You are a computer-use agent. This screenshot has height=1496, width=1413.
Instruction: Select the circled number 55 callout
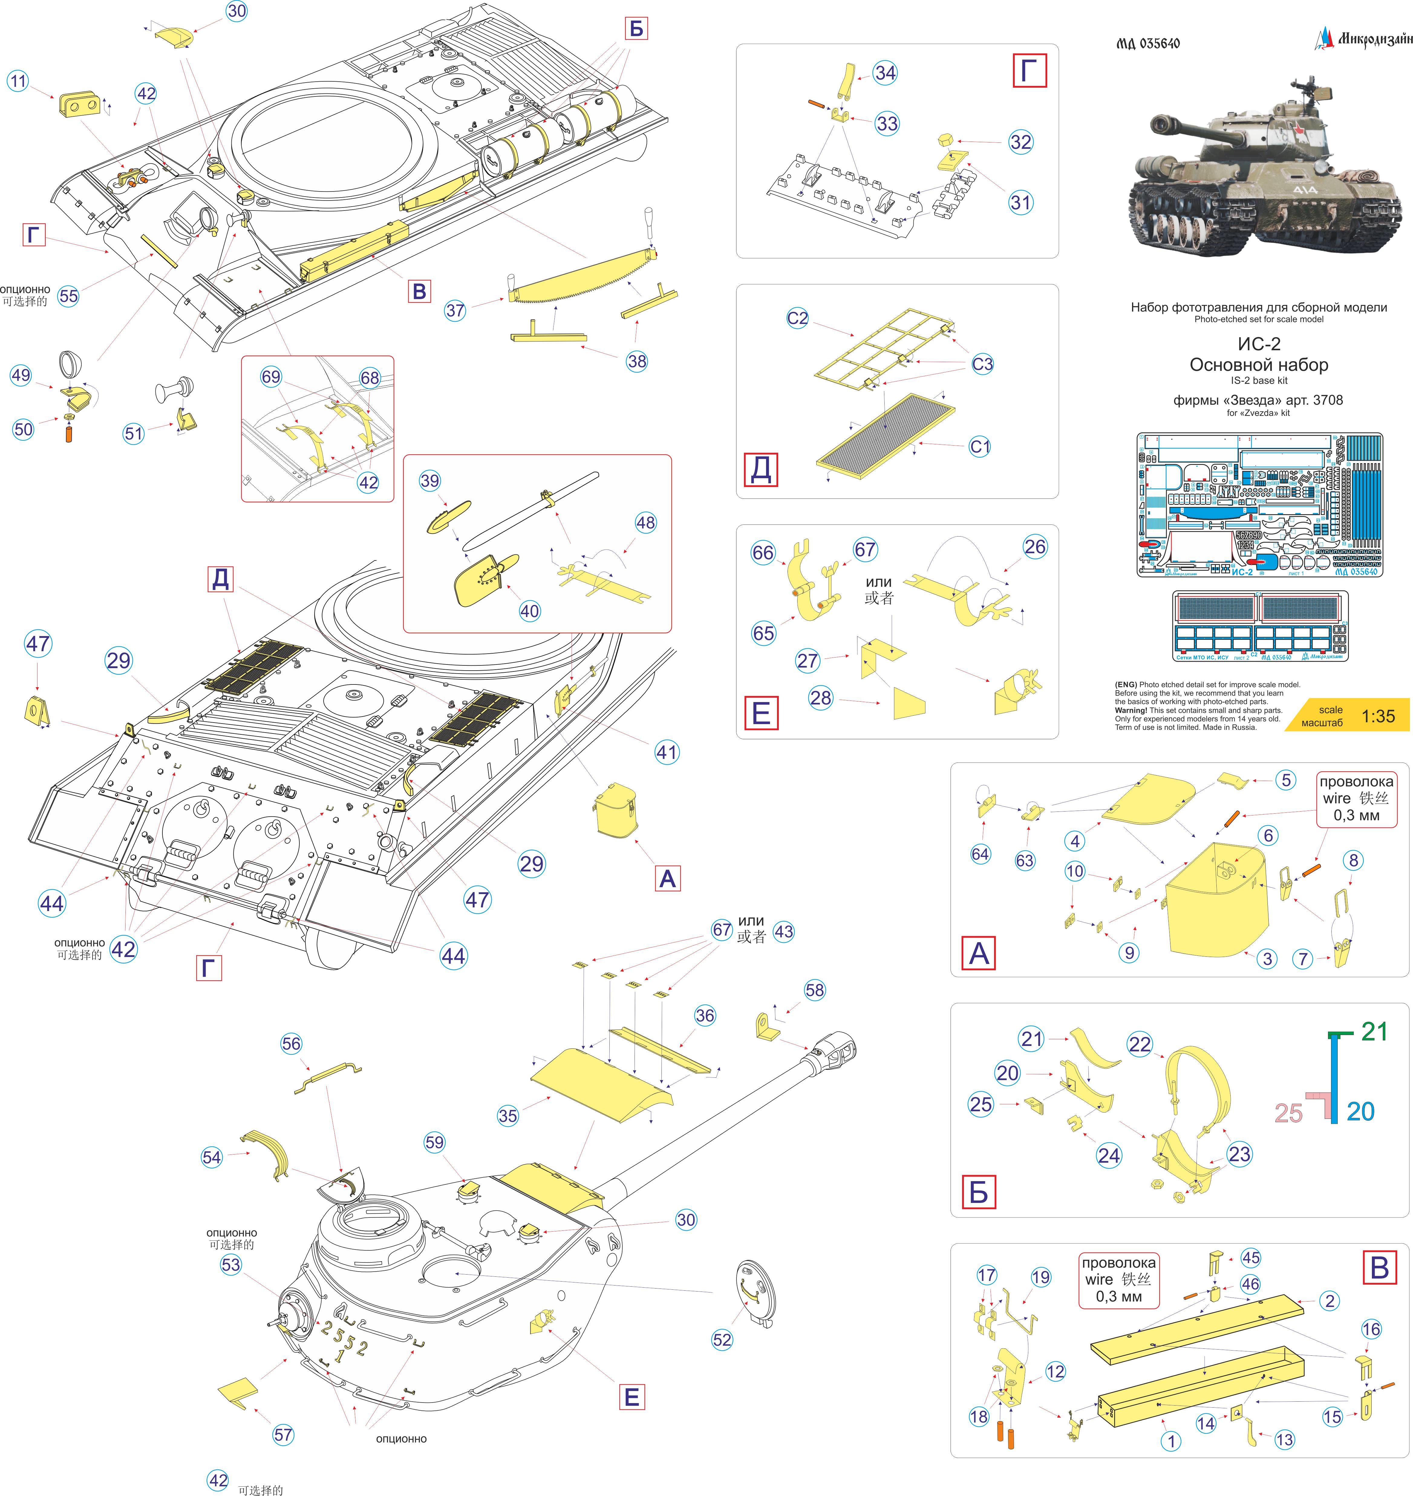[69, 296]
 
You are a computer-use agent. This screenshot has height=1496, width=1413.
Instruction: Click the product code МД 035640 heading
[1148, 44]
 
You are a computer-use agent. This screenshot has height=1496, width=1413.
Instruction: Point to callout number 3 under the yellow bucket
[1268, 958]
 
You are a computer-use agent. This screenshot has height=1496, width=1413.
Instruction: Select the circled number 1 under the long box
[1170, 1441]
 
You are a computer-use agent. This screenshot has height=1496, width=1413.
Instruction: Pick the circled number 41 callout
[667, 752]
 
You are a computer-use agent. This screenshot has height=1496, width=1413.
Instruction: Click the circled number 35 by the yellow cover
[508, 1115]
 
